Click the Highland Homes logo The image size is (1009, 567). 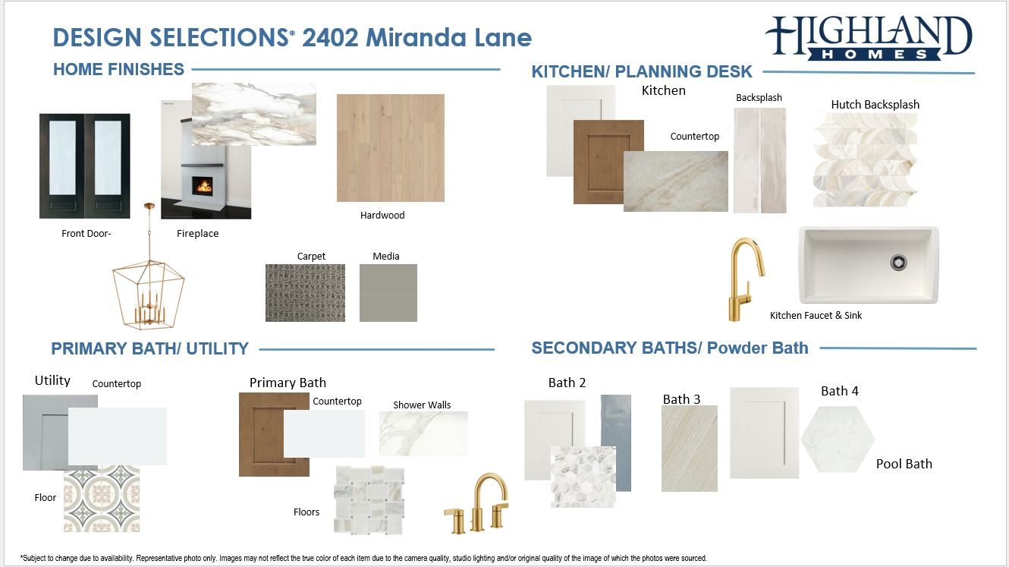coord(869,38)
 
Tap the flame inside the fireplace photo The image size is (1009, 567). coord(203,185)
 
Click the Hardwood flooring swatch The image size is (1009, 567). coord(391,148)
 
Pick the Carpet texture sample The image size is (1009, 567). coord(306,293)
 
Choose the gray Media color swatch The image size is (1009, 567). coord(388,293)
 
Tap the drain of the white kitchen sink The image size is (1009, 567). coord(899,263)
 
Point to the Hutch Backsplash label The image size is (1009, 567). coord(875,105)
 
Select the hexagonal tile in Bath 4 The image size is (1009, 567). coord(838,439)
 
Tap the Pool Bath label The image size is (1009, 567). coord(904,464)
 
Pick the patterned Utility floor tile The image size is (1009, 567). coord(102,499)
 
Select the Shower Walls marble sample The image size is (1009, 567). coord(423,433)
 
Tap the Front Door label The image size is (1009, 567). coord(86,234)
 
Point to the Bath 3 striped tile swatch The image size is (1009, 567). coord(689,449)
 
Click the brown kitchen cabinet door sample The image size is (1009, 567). coord(608,162)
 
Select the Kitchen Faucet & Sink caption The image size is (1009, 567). coord(816,316)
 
